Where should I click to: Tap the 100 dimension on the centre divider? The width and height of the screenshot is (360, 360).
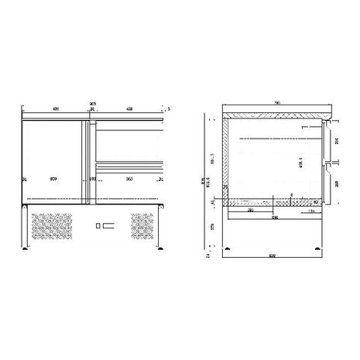click(92, 179)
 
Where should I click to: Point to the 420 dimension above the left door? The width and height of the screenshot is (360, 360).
click(56, 108)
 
